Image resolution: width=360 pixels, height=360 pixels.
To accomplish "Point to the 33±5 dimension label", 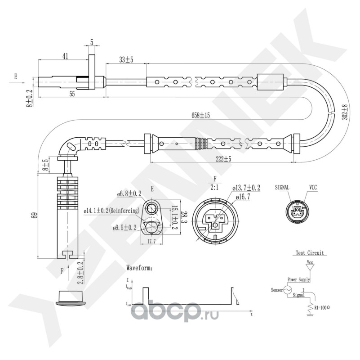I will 126,59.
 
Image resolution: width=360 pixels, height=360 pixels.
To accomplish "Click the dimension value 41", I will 65,56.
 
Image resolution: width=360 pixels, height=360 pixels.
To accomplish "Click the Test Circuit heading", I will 310,253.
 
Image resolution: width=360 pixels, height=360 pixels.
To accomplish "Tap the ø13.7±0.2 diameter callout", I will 246,187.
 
